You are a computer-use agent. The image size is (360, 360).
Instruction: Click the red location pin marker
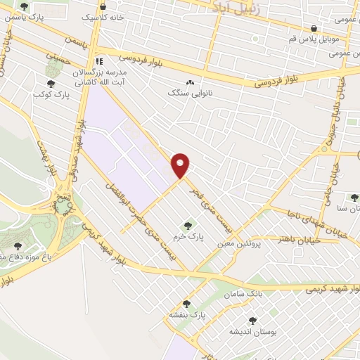pyautogui.click(x=181, y=165)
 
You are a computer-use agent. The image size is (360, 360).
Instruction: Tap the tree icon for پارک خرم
pyautogui.click(x=187, y=226)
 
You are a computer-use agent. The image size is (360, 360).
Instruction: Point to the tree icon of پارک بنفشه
pyautogui.click(x=186, y=304)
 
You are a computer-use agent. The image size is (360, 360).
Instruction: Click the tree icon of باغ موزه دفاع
pyautogui.click(x=18, y=246)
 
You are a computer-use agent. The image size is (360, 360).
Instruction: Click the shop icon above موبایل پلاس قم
pyautogui.click(x=312, y=29)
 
